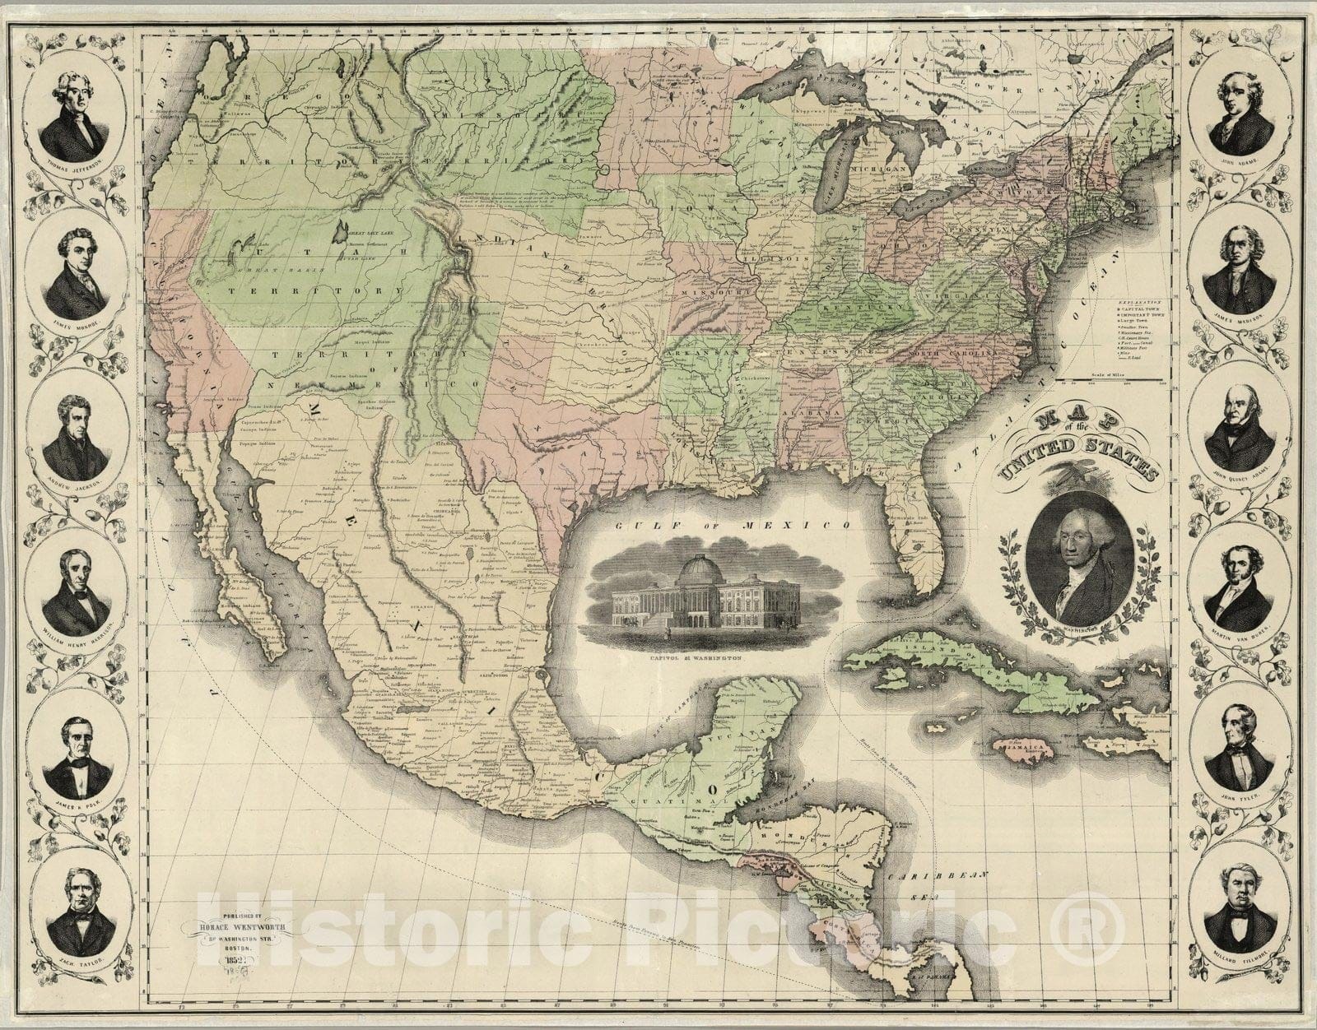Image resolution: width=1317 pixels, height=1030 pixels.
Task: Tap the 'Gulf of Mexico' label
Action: [734, 524]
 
